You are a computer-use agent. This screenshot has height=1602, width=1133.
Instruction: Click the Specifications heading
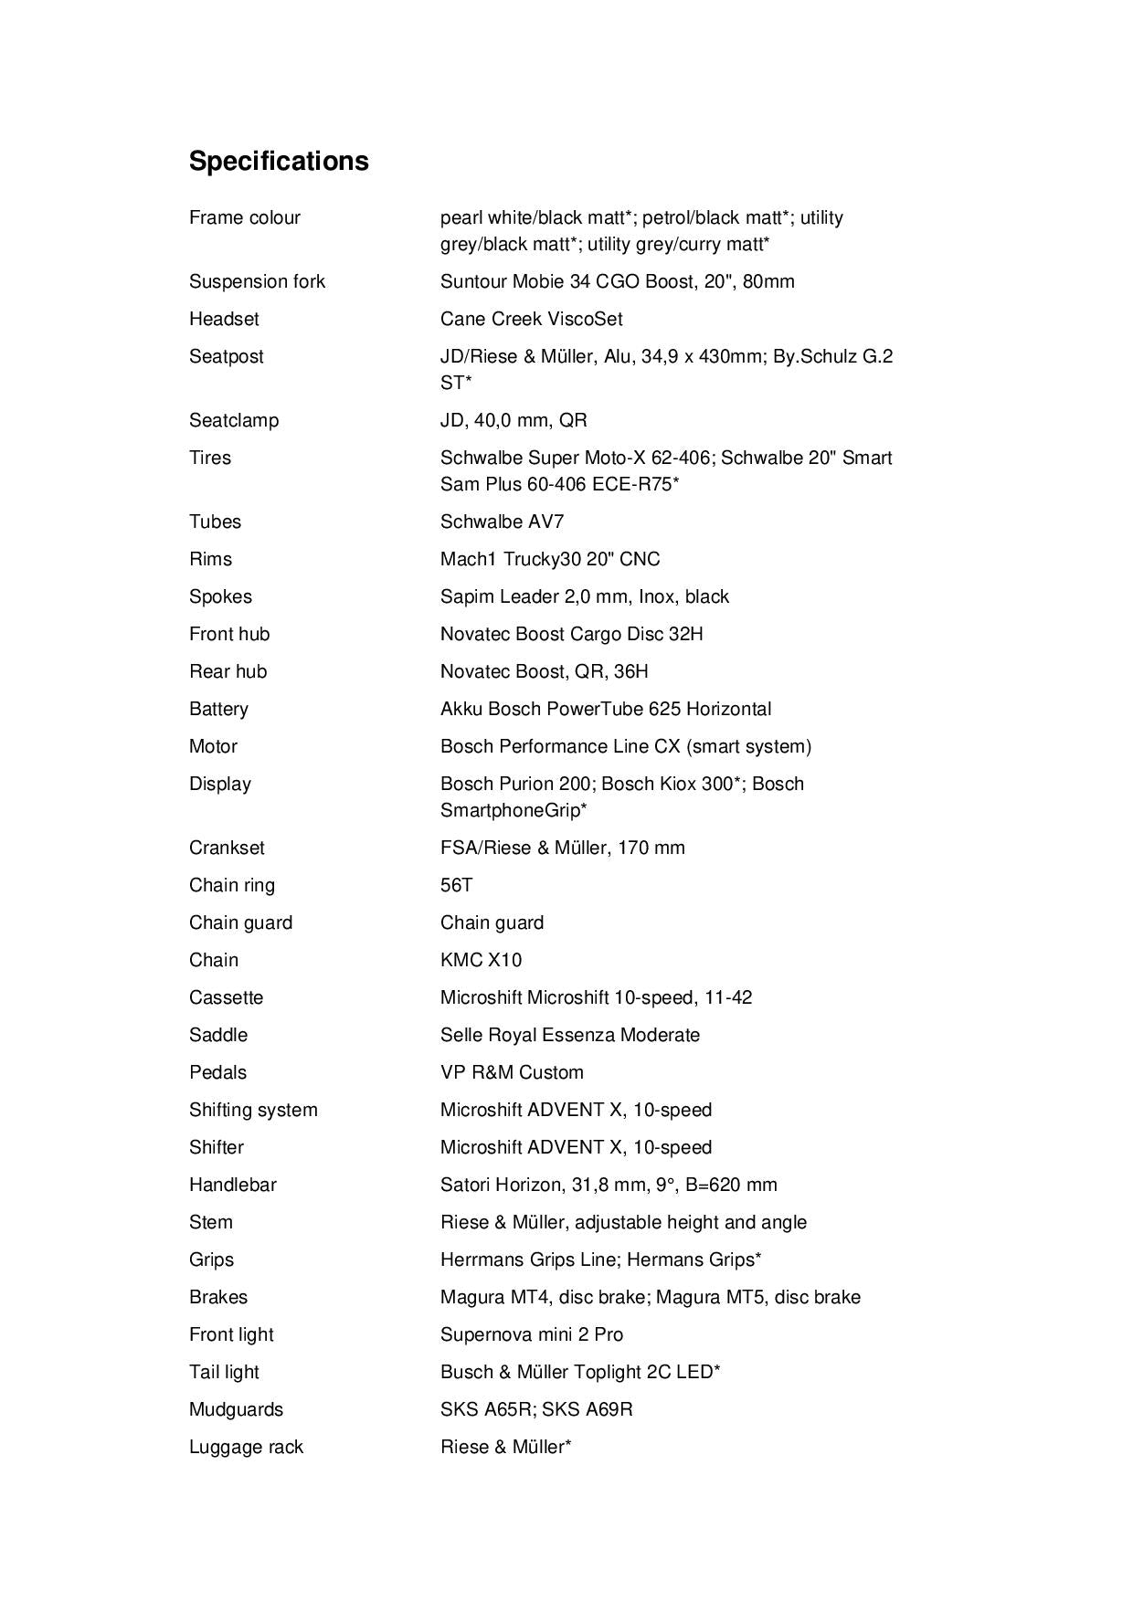pyautogui.click(x=279, y=161)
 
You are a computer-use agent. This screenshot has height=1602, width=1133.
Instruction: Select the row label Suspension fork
pyautogui.click(x=257, y=281)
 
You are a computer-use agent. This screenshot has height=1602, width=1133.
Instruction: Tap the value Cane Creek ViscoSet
pyautogui.click(x=531, y=319)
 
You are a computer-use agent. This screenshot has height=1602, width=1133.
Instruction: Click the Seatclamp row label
pyautogui.click(x=234, y=420)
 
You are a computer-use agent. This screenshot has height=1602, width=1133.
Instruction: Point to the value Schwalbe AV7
pyautogui.click(x=502, y=522)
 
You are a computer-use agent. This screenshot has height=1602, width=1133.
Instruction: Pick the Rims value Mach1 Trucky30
pyautogui.click(x=549, y=559)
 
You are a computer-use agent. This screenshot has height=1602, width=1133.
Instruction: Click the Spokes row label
pyautogui.click(x=220, y=596)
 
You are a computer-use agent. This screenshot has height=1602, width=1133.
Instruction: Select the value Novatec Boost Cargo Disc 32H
pyautogui.click(x=571, y=634)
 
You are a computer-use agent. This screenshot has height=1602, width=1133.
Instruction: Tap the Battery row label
pyautogui.click(x=218, y=709)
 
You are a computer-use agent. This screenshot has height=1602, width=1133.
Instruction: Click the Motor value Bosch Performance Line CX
pyautogui.click(x=625, y=746)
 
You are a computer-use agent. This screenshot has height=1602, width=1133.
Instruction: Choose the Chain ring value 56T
pyautogui.click(x=456, y=885)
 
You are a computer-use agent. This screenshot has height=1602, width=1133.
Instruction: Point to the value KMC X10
pyautogui.click(x=481, y=960)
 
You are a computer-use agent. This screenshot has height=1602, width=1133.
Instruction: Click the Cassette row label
pyautogui.click(x=226, y=997)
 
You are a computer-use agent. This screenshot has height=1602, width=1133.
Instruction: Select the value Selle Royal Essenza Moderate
pyautogui.click(x=569, y=1035)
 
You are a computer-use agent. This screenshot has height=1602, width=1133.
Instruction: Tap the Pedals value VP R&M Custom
pyautogui.click(x=511, y=1072)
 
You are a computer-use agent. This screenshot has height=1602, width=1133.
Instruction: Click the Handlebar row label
pyautogui.click(x=232, y=1185)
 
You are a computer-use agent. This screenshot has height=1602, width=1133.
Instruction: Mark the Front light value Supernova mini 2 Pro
pyautogui.click(x=531, y=1334)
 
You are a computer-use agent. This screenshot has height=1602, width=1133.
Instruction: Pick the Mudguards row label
pyautogui.click(x=236, y=1409)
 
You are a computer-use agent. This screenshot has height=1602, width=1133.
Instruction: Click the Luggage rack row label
pyautogui.click(x=246, y=1447)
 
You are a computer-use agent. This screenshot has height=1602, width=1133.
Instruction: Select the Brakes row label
pyautogui.click(x=217, y=1297)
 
